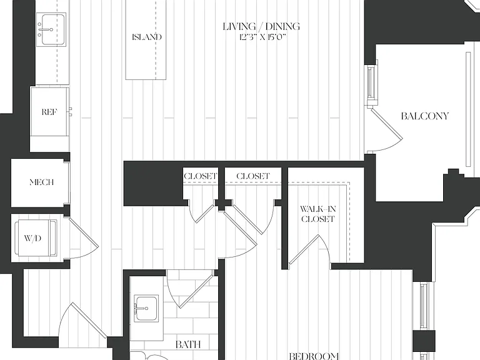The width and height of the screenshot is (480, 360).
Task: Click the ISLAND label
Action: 147,37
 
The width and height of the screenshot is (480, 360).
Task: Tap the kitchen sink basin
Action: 51,29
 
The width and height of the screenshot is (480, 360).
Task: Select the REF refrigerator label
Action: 49,112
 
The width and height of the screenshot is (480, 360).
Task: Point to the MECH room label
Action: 42,182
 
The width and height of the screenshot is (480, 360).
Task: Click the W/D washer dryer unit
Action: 36,238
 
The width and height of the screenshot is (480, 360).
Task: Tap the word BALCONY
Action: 424,116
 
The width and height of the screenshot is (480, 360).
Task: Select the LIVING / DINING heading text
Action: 261,26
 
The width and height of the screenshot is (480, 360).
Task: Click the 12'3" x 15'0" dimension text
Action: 262,37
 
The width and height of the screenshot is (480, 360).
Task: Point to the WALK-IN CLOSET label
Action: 317,214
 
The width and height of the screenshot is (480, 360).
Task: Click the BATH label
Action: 188,344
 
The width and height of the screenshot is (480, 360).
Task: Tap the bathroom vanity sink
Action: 146,308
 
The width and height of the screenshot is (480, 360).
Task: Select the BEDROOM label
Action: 314,356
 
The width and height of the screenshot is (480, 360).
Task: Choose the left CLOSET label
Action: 201,176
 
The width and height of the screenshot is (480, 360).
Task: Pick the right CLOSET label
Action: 253,176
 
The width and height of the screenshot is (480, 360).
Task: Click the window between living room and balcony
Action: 371,82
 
